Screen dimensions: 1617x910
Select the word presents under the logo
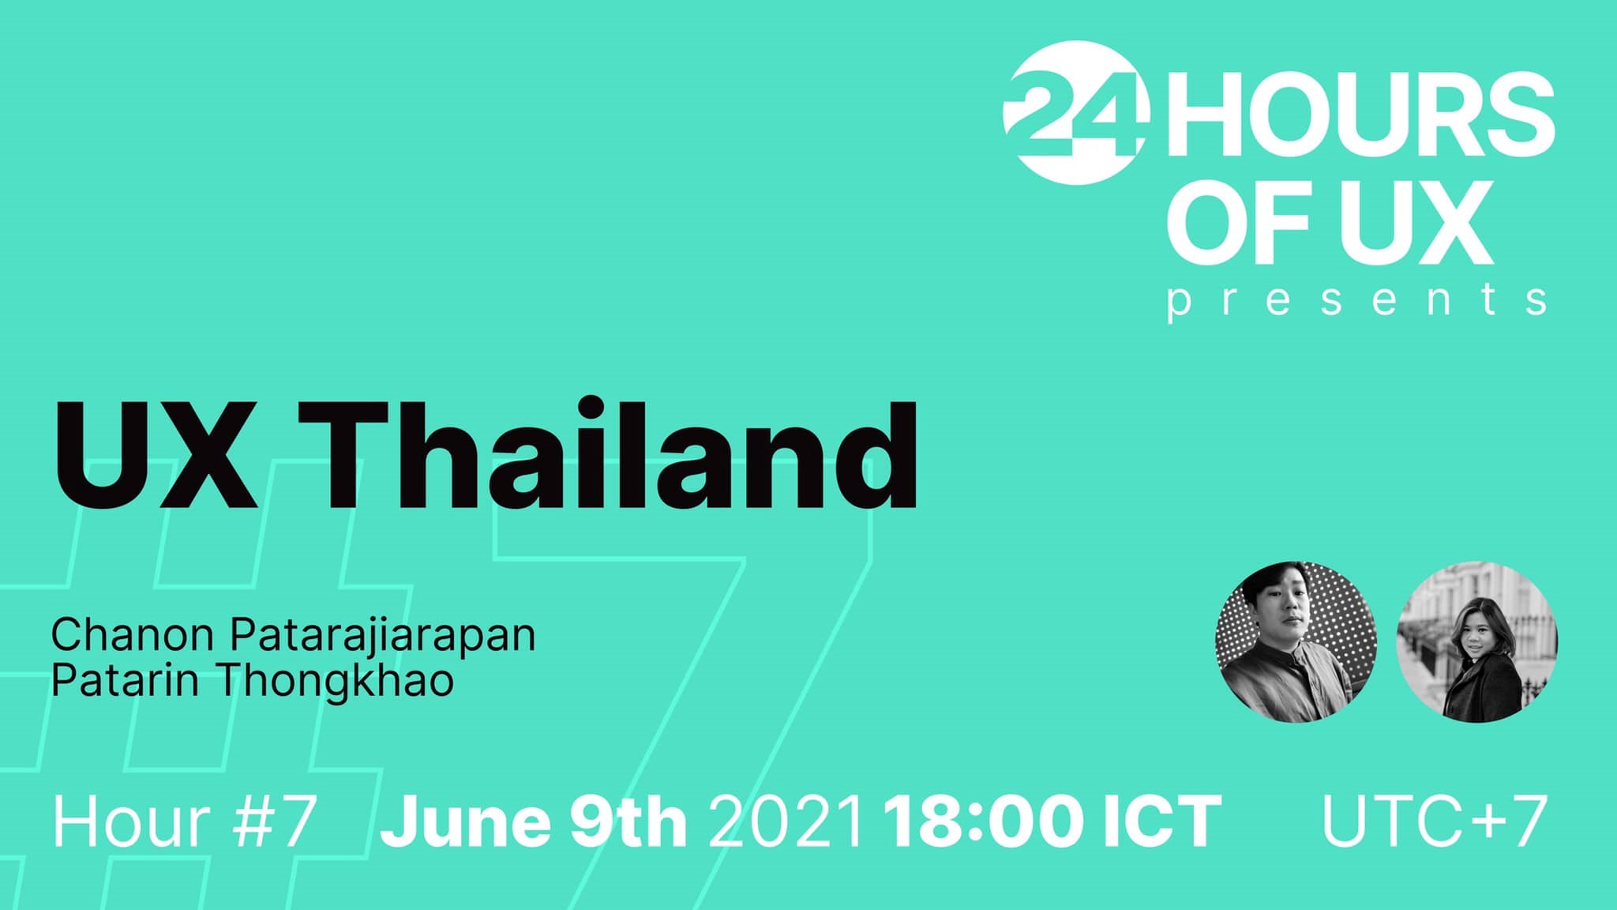[x=1356, y=302]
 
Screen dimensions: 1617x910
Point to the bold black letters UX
[x=156, y=456]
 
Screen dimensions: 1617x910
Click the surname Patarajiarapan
[x=383, y=637]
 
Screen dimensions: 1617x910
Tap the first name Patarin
[x=125, y=681]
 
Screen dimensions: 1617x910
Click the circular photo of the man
[x=1296, y=641]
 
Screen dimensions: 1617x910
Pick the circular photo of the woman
[x=1477, y=641]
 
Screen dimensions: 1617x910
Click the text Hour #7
[x=185, y=822]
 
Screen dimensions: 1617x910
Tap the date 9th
[x=628, y=822]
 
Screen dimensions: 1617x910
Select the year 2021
[x=786, y=822]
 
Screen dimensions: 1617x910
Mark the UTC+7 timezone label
[x=1434, y=822]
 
